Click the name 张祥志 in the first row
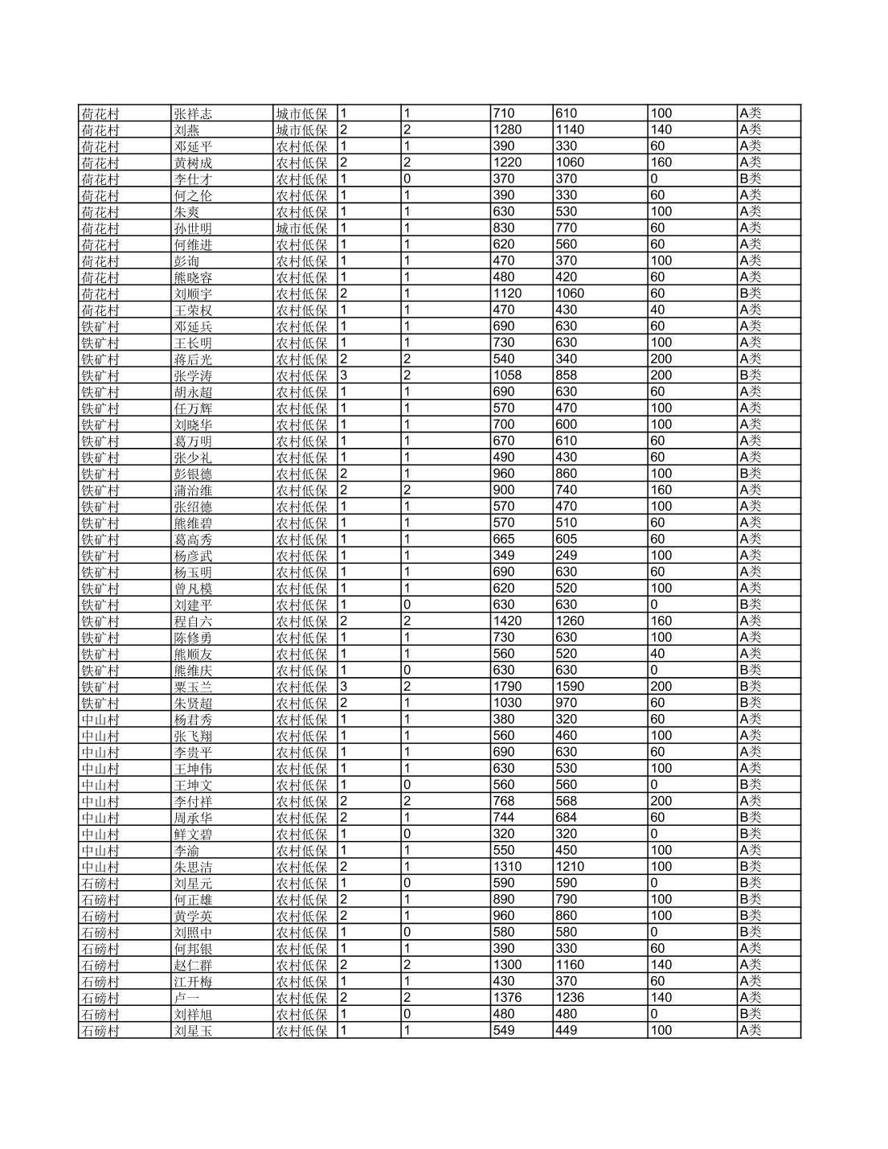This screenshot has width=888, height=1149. [193, 113]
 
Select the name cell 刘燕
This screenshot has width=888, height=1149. [186, 129]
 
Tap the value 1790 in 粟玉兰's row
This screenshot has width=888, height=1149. [507, 687]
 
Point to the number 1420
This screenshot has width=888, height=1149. [507, 621]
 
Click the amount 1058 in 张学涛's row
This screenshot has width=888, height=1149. [507, 375]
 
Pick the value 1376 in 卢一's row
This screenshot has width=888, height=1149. [507, 998]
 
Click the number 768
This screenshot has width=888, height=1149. [503, 801]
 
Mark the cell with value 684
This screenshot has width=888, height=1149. [566, 818]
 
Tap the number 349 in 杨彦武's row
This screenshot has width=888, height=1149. [503, 556]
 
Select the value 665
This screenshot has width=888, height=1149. [503, 539]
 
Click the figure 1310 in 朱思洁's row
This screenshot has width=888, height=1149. [507, 867]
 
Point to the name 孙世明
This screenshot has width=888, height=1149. [193, 228]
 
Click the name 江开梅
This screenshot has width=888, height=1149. [193, 982]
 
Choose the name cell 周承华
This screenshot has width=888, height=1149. [193, 818]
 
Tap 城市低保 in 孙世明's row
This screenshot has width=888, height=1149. [301, 228]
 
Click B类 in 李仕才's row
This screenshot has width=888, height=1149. [750, 179]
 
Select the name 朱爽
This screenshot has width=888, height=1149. [186, 211]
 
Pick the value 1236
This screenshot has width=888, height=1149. [570, 998]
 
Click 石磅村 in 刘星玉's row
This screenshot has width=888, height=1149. [100, 1031]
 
